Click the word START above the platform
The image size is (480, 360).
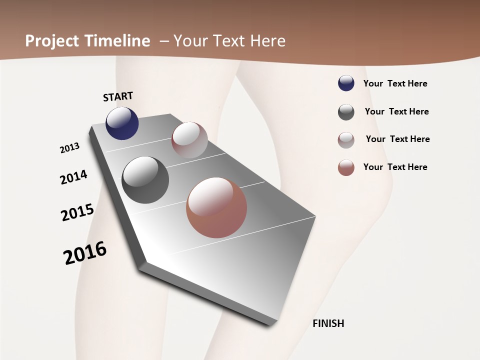(118, 96)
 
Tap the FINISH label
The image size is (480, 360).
(328, 323)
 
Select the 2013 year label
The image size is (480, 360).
(70, 148)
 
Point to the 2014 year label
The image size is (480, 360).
(73, 177)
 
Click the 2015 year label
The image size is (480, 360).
(77, 212)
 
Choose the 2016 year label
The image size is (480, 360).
(85, 253)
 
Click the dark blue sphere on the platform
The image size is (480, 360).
(122, 123)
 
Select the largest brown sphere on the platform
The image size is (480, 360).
(216, 207)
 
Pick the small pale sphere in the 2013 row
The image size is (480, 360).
(189, 139)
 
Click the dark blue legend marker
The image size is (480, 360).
(346, 83)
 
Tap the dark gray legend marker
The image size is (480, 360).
(346, 112)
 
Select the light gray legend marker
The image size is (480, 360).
(346, 140)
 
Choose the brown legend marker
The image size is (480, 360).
(346, 167)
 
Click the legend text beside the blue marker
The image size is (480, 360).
(395, 83)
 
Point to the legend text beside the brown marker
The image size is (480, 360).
(395, 167)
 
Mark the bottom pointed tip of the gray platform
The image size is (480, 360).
(270, 324)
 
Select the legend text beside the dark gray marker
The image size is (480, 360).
(396, 111)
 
